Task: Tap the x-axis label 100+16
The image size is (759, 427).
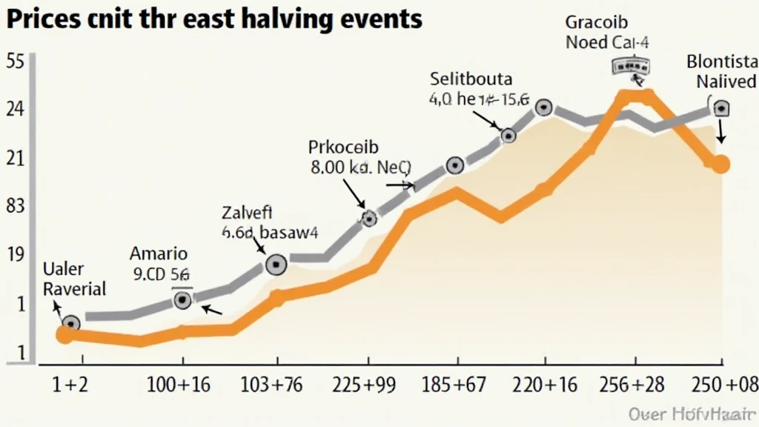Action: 178,385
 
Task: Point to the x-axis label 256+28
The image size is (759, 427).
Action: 634,385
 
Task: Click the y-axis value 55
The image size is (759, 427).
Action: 16,62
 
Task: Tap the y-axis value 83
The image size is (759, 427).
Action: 16,207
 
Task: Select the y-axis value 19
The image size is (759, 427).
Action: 16,254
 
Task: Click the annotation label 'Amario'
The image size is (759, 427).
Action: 159,254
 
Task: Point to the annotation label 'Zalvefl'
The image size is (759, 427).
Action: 248,213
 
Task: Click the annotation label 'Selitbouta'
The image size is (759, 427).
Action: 470,78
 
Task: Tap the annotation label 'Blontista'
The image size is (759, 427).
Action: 721,61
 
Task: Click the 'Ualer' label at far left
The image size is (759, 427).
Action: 64,268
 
